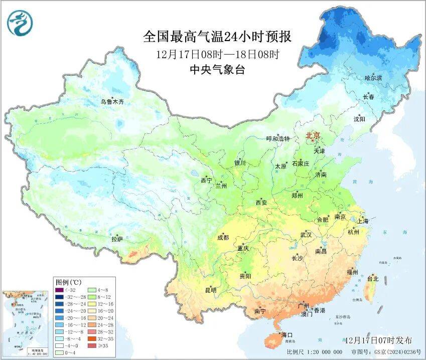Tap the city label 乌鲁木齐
112,102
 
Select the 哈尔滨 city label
373,78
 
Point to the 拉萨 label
117,240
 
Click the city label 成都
223,238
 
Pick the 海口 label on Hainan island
287,334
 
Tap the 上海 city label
362,221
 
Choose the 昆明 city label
211,290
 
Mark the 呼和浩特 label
278,139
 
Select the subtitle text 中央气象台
216,70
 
